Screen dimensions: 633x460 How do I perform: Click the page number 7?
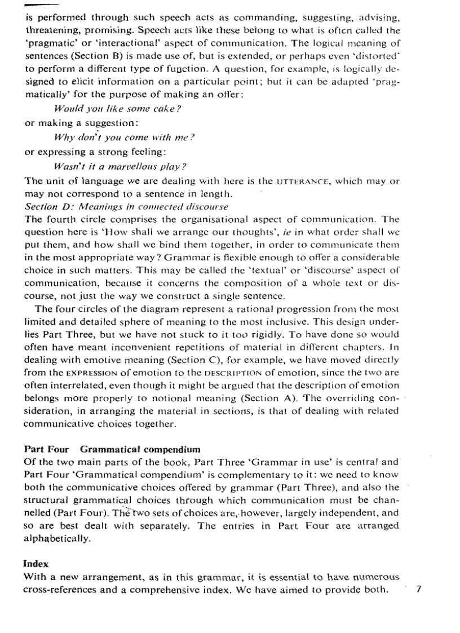418,590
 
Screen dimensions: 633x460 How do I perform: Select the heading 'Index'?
36,563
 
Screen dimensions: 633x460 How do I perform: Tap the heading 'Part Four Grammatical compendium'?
112,449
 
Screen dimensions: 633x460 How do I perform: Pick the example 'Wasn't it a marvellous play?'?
120,167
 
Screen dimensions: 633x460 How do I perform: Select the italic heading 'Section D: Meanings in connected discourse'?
127,207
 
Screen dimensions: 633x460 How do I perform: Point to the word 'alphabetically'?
57,538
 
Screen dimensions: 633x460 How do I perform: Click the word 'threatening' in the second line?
54,30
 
